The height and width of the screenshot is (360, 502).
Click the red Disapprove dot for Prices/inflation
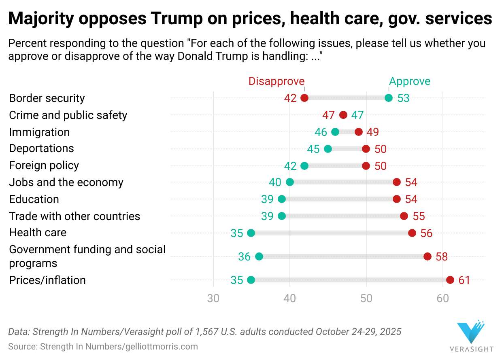(450, 280)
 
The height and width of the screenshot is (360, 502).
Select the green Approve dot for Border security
(389, 98)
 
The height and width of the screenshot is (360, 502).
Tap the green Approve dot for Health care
(251, 233)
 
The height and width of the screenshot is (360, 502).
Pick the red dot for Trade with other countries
(404, 216)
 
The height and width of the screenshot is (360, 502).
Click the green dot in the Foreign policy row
(304, 165)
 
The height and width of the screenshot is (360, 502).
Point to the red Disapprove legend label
(276, 81)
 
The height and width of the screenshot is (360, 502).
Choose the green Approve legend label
(410, 81)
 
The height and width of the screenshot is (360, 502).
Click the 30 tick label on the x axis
(213, 299)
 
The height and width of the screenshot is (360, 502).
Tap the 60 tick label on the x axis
(443, 299)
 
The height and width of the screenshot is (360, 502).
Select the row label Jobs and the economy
(66, 182)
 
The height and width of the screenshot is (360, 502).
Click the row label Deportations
(42, 148)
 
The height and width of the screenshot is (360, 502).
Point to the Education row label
(34, 199)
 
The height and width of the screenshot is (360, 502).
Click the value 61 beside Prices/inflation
(464, 280)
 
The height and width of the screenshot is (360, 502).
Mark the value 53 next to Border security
(403, 98)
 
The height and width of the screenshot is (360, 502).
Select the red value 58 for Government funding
(442, 257)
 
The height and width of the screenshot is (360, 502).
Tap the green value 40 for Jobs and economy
(275, 182)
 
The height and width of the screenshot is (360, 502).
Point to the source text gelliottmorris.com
(156, 347)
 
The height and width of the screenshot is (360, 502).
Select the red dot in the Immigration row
(358, 132)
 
